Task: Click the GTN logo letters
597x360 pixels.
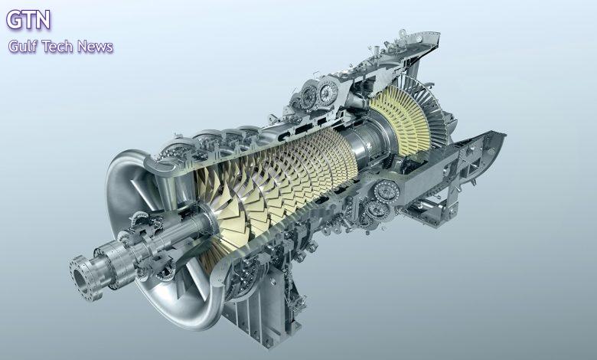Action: pyautogui.click(x=28, y=19)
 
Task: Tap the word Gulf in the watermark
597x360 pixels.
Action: pyautogui.click(x=23, y=47)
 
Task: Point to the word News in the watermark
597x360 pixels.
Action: pyautogui.click(x=95, y=47)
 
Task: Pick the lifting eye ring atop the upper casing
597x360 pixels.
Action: pyautogui.click(x=402, y=33)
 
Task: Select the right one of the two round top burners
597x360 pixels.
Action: pyautogui.click(x=328, y=91)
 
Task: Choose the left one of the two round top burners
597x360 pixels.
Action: pyautogui.click(x=309, y=96)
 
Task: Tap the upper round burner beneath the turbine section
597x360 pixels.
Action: pyautogui.click(x=386, y=191)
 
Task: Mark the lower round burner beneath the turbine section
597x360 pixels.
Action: pyautogui.click(x=377, y=210)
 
